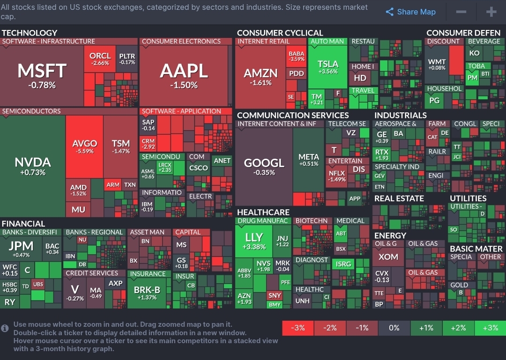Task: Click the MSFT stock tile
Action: pos(42,75)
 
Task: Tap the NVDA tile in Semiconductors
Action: pos(32,166)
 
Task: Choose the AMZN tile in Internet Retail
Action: pos(260,77)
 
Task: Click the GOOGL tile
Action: pos(264,166)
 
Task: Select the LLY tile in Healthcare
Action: pos(254,241)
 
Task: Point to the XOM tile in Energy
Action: pos(388,257)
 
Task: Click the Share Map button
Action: pos(410,12)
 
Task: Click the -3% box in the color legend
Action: pos(298,328)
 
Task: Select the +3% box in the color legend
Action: pos(490,328)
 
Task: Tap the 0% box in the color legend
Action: pos(394,328)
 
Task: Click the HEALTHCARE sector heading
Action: pos(263,212)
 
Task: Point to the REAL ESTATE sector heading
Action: pos(399,198)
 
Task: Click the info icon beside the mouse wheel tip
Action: pos(5,328)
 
